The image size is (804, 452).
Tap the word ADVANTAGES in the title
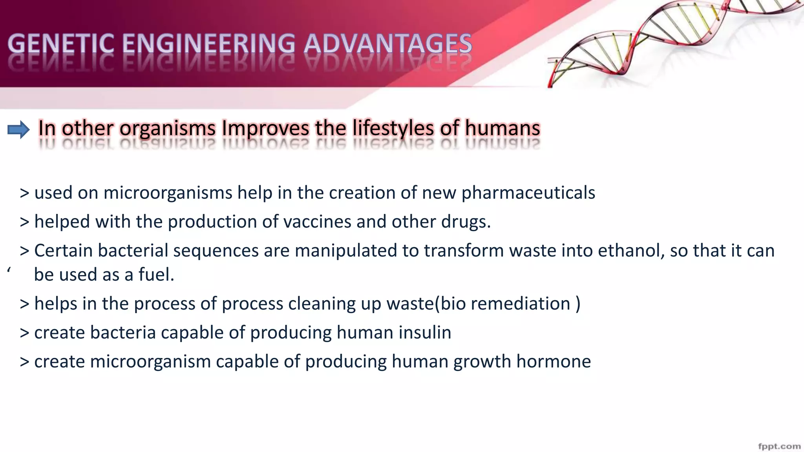pyautogui.click(x=387, y=44)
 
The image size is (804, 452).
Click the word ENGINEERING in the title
pyautogui.click(x=208, y=44)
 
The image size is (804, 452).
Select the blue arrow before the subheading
pyautogui.click(x=18, y=129)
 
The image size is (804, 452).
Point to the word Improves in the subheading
pyautogui.click(x=266, y=128)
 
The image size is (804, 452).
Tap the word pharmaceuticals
pyautogui.click(x=528, y=193)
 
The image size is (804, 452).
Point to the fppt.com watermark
pyautogui.click(x=779, y=446)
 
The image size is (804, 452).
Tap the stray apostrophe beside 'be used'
pyautogui.click(x=9, y=270)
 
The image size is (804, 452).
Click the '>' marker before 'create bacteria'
pyautogui.click(x=24, y=333)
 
